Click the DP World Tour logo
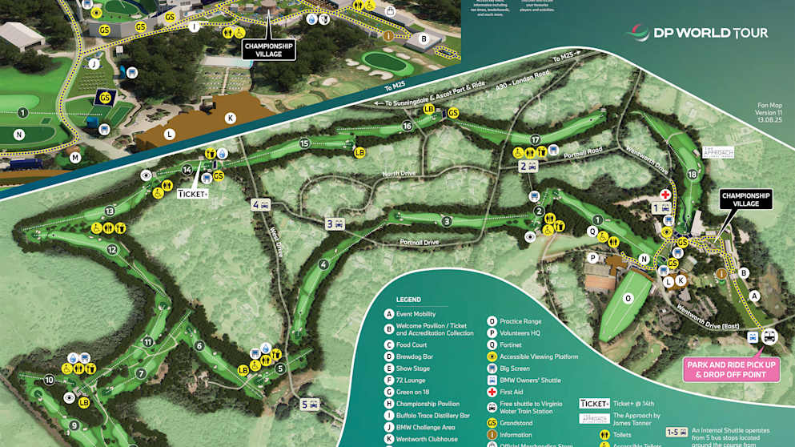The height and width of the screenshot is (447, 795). point(696,33)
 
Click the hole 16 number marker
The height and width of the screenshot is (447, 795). point(408,126)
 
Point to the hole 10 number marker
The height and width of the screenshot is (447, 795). point(50,380)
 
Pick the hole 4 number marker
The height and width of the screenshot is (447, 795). point(323,265)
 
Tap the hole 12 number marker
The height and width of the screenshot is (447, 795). point(113,249)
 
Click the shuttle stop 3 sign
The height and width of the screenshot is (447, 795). point(334,224)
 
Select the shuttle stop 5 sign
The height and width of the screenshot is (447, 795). point(310,404)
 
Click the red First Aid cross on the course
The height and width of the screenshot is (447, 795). point(665,195)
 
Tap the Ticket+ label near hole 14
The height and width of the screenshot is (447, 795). point(192,193)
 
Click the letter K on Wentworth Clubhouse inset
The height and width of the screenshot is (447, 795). point(231,118)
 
